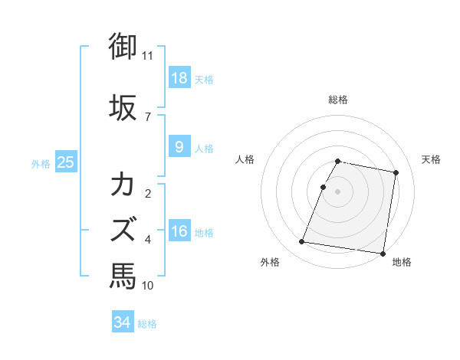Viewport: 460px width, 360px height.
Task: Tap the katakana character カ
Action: click(123, 185)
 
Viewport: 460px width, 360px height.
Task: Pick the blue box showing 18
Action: click(179, 79)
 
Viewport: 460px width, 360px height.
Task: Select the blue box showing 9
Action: click(179, 148)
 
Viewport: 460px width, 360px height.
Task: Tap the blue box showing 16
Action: click(179, 231)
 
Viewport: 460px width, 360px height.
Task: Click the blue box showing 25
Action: click(66, 162)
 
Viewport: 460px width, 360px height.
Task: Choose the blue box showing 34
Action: click(123, 322)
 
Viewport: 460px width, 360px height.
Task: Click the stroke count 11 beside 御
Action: click(148, 56)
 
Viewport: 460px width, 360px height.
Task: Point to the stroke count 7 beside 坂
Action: click(148, 116)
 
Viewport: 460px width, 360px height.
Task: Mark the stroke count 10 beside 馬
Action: click(148, 286)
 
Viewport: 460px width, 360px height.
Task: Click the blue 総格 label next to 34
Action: click(148, 324)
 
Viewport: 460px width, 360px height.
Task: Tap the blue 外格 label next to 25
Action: click(41, 163)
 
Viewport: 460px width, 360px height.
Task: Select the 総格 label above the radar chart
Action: click(338, 100)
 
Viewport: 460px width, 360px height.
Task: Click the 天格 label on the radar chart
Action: click(432, 159)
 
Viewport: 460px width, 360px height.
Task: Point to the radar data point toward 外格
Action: click(302, 242)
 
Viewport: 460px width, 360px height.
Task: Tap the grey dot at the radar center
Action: click(338, 191)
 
